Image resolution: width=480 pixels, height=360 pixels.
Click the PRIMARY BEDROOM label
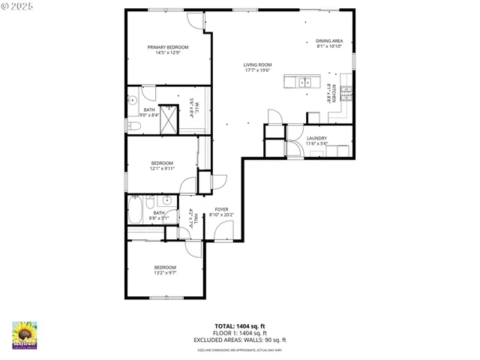167,47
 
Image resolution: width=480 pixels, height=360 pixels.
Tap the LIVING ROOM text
256,65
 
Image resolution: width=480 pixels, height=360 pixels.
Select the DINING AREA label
329,40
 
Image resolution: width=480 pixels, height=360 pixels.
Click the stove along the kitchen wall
346,93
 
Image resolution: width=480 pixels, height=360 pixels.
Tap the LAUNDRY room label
316,138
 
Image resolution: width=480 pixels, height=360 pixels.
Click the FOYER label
221,209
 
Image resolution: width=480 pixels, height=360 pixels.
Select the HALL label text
192,218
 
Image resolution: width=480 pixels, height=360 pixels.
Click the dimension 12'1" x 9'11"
162,169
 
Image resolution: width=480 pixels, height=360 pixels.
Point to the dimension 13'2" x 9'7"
165,273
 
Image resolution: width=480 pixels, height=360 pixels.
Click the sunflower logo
25,334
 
